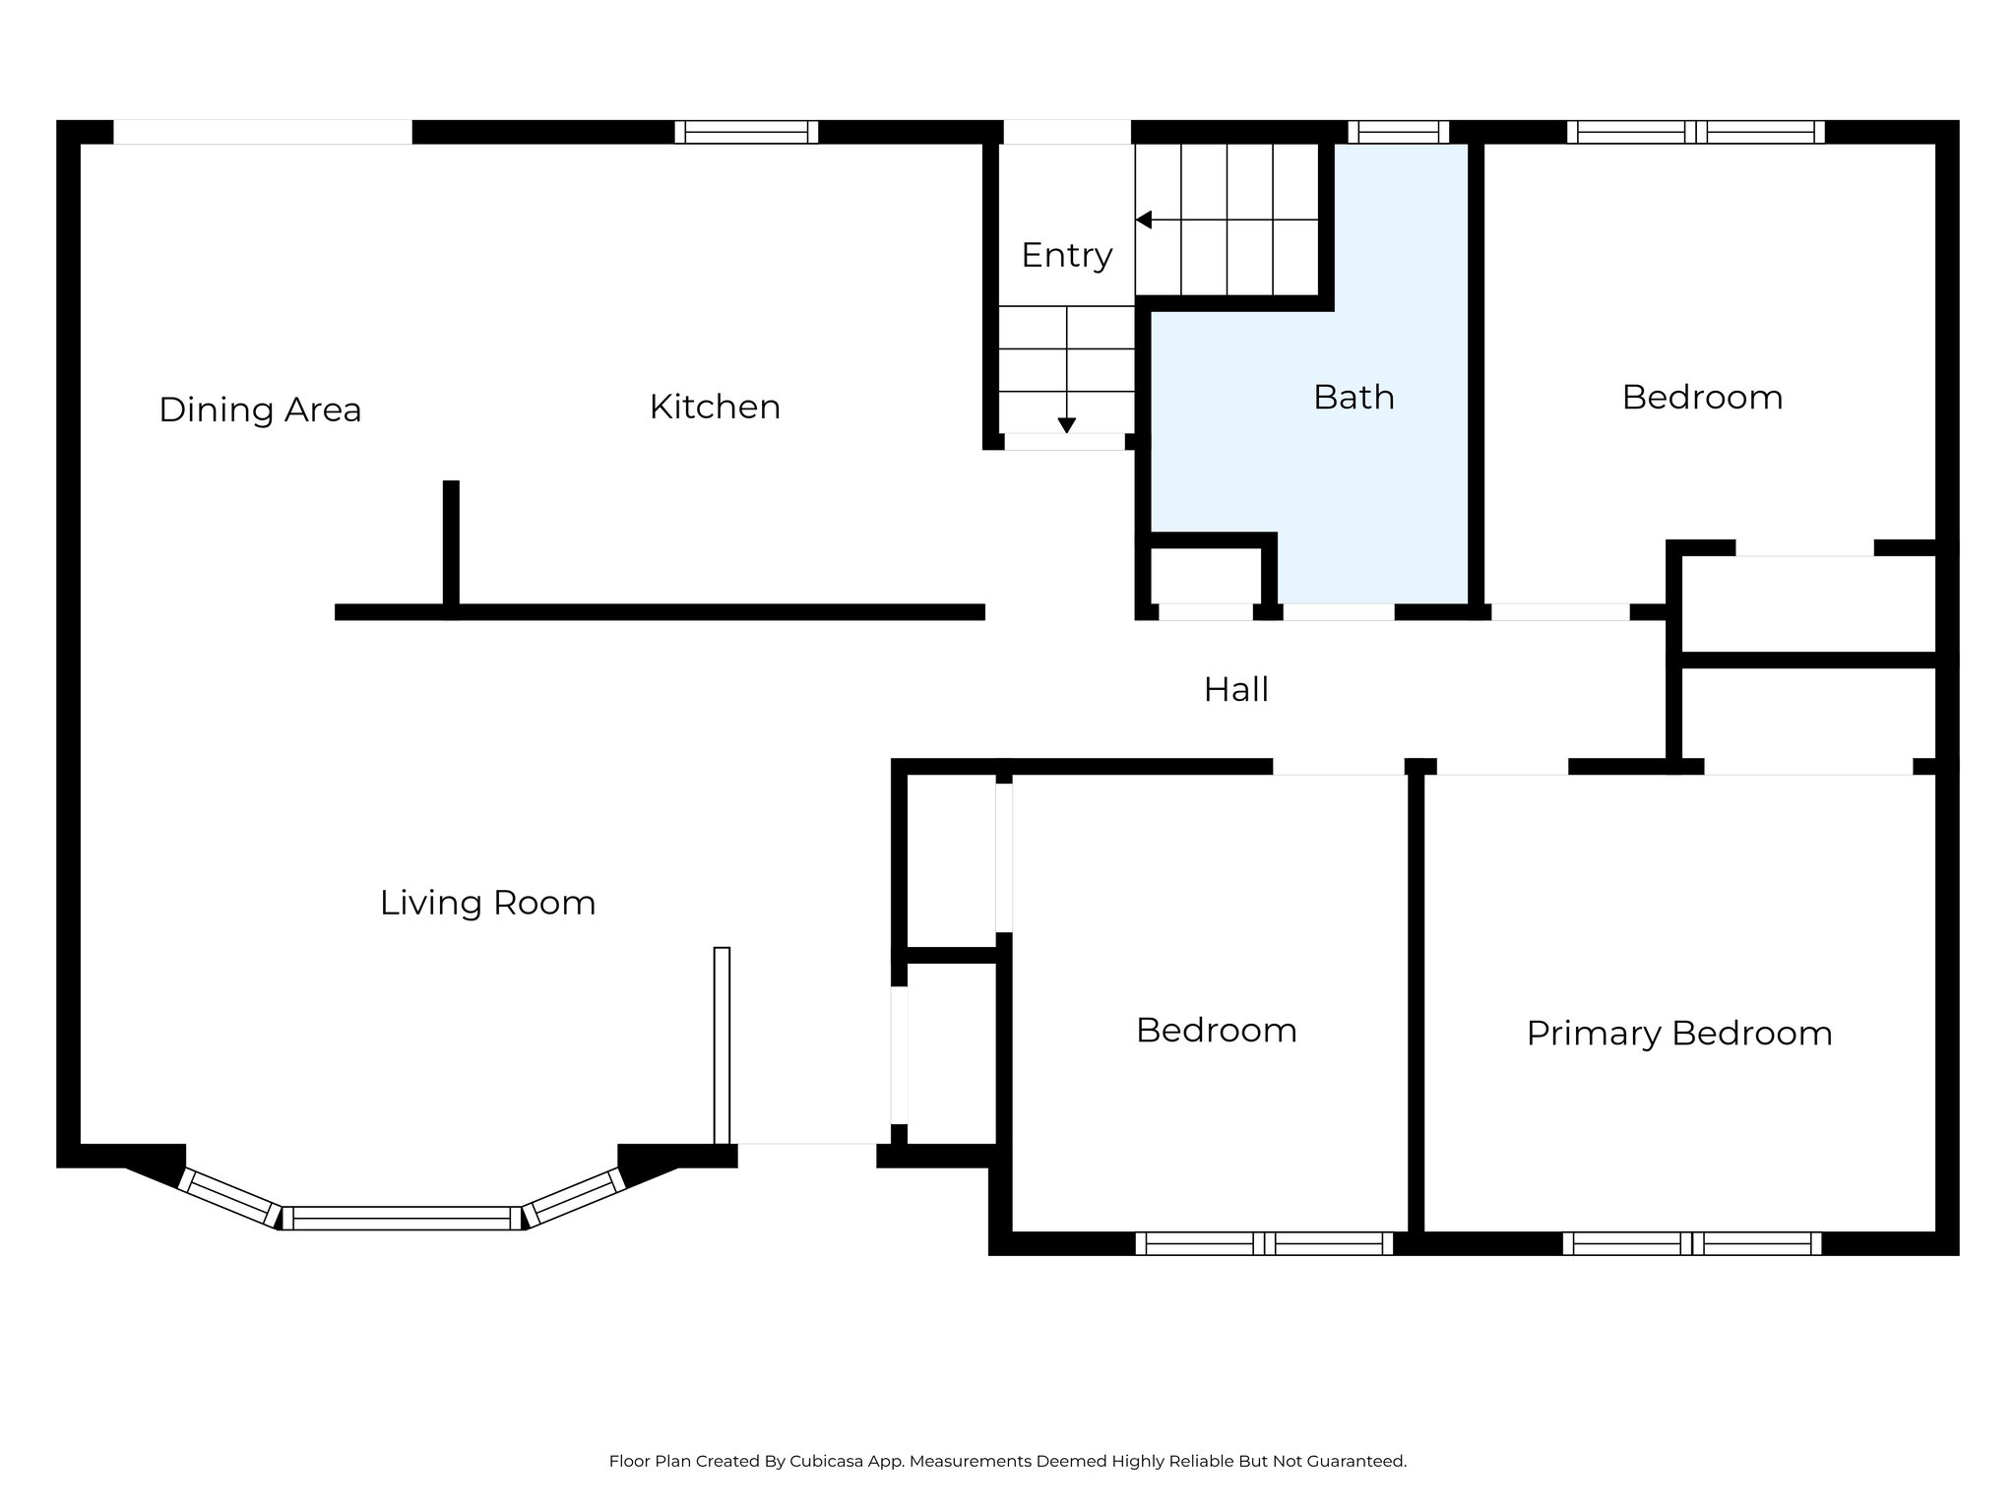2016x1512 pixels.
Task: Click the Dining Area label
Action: [x=260, y=409]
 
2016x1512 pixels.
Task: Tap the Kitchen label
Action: [x=715, y=407]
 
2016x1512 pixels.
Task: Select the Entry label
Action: [x=1067, y=255]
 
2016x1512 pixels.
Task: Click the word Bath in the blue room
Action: [x=1354, y=397]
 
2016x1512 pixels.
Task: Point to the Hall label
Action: [x=1235, y=689]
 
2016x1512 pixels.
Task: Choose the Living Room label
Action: [x=487, y=903]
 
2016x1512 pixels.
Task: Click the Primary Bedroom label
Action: [x=1678, y=1033]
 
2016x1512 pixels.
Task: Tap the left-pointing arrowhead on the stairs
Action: [x=1144, y=220]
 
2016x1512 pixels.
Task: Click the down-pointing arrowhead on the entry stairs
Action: [x=1066, y=425]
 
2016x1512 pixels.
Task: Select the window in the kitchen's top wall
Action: [x=746, y=132]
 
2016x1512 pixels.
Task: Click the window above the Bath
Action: [x=1398, y=132]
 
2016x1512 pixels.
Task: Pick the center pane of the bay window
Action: [x=402, y=1219]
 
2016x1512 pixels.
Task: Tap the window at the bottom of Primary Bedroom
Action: [x=1691, y=1243]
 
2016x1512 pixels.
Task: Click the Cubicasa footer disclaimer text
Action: [x=1007, y=1462]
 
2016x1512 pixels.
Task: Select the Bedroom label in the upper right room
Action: [x=1702, y=397]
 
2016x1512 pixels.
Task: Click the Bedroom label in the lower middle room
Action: [x=1216, y=1030]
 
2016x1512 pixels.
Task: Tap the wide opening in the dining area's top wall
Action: [x=262, y=132]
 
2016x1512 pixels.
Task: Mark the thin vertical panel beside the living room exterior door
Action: [x=722, y=1044]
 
